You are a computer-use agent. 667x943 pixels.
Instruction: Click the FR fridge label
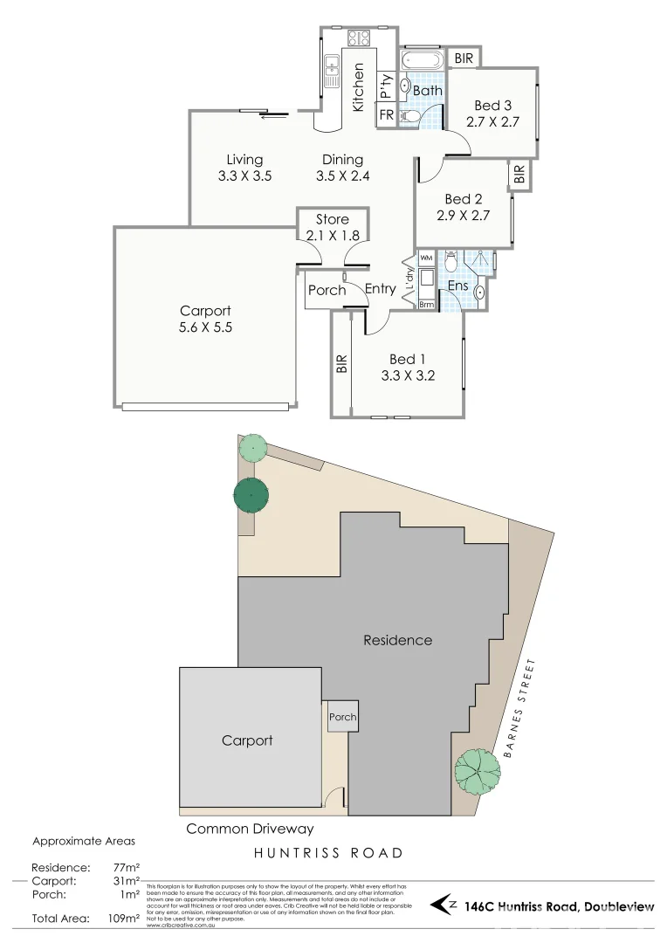tap(386, 115)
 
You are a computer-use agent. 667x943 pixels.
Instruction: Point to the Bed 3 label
tap(492, 107)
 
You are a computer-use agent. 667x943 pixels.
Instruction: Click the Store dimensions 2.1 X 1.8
tap(332, 235)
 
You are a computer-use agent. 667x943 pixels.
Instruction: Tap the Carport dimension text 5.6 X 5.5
tap(205, 328)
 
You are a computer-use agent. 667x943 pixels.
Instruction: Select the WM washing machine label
tap(426, 258)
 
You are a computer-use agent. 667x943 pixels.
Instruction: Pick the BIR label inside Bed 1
tap(341, 364)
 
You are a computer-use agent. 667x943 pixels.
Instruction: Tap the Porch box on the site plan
tap(342, 717)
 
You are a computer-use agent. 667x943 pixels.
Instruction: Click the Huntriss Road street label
tap(328, 853)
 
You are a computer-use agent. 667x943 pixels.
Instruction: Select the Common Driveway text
tap(250, 829)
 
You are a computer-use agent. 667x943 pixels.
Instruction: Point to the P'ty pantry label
tap(386, 86)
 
